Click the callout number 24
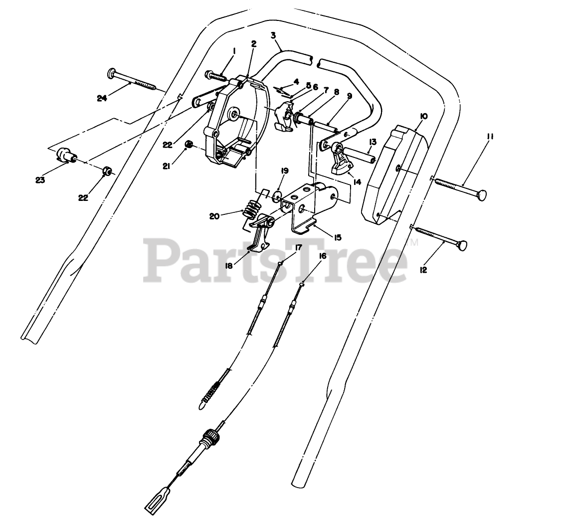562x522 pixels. click(x=102, y=98)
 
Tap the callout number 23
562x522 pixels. click(x=40, y=180)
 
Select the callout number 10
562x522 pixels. click(x=423, y=116)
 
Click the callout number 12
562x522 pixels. click(x=423, y=270)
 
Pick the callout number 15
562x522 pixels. click(x=338, y=237)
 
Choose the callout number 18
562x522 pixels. click(x=229, y=266)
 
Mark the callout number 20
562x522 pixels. click(x=214, y=216)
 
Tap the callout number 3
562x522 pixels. click(x=273, y=35)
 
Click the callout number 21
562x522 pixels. click(x=166, y=167)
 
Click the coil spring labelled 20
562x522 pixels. click(x=253, y=210)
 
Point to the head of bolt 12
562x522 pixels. click(x=464, y=245)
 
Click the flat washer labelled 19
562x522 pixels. click(x=278, y=194)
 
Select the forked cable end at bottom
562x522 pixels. click(x=154, y=506)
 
